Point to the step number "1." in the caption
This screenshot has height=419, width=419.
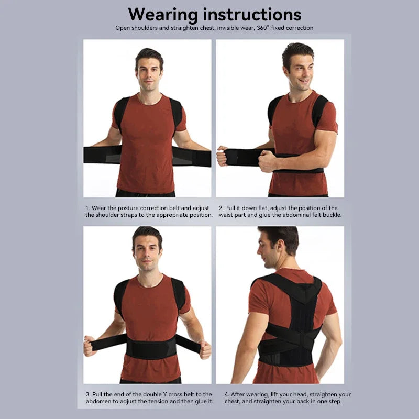(87, 208)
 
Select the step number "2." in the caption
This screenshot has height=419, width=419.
(221, 208)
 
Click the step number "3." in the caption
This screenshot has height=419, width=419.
(87, 394)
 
